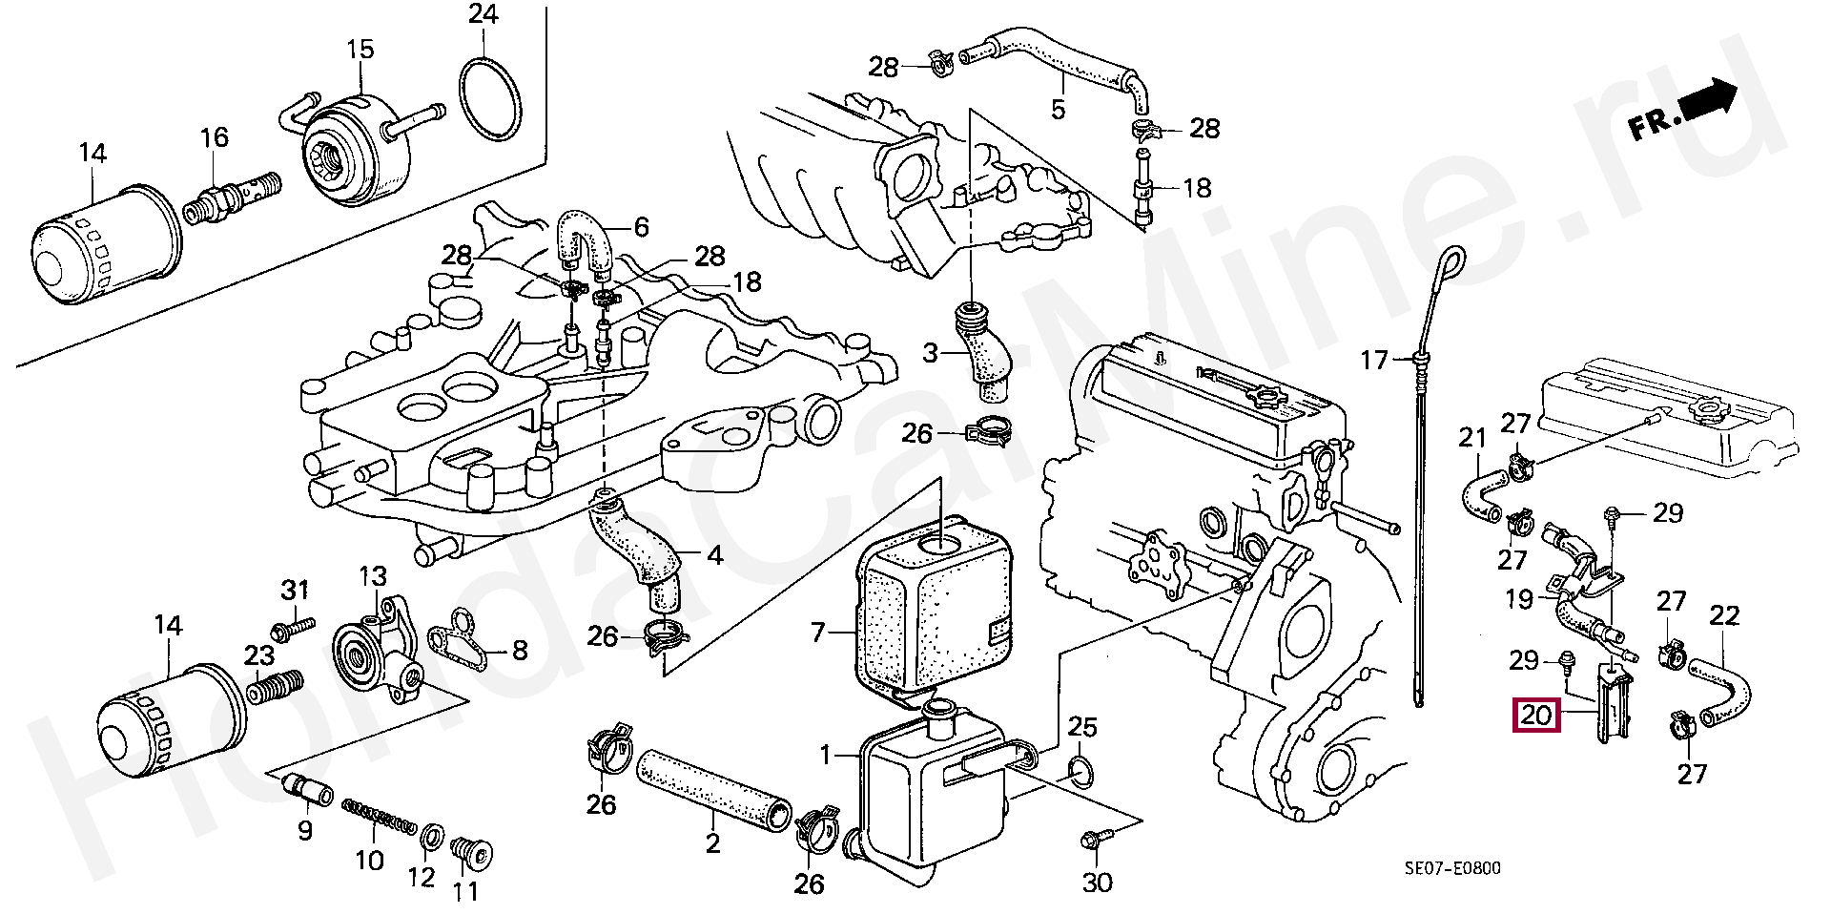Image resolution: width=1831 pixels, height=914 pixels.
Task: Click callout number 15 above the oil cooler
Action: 360,50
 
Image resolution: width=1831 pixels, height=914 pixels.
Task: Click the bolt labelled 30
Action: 1092,840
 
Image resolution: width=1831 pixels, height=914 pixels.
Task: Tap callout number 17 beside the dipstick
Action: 1375,361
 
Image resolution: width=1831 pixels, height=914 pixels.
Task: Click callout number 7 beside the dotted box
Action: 817,632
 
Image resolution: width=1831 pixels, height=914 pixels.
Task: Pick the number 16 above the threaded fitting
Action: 215,137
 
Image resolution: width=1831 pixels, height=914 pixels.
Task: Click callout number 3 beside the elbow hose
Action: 931,355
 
